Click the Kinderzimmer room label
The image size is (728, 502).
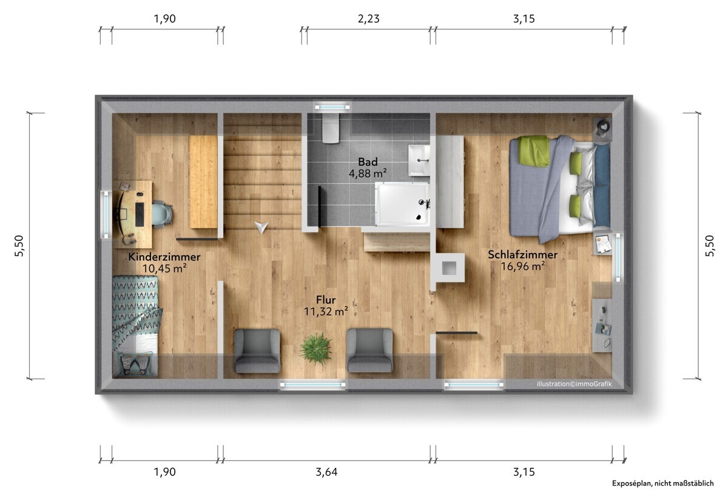[x=164, y=257]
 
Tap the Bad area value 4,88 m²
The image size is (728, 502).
[x=368, y=173]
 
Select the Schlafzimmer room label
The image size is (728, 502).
[x=522, y=254]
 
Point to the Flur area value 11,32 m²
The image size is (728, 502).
[x=326, y=311]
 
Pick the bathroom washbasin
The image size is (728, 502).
[x=419, y=160]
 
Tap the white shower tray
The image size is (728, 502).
[x=402, y=204]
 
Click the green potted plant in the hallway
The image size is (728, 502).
[x=316, y=348]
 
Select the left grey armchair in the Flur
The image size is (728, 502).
[x=257, y=351]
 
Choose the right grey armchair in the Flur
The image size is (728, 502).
[x=370, y=350]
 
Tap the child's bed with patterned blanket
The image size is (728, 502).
[x=135, y=326]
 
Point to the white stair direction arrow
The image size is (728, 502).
[x=261, y=227]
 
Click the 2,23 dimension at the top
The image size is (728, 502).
[x=369, y=19]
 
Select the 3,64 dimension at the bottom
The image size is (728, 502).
[x=326, y=472]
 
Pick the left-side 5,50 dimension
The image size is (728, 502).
[x=19, y=246]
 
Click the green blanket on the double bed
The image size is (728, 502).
[x=533, y=151]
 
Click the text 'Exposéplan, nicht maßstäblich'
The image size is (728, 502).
[x=662, y=483]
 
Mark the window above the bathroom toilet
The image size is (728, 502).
[x=332, y=107]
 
